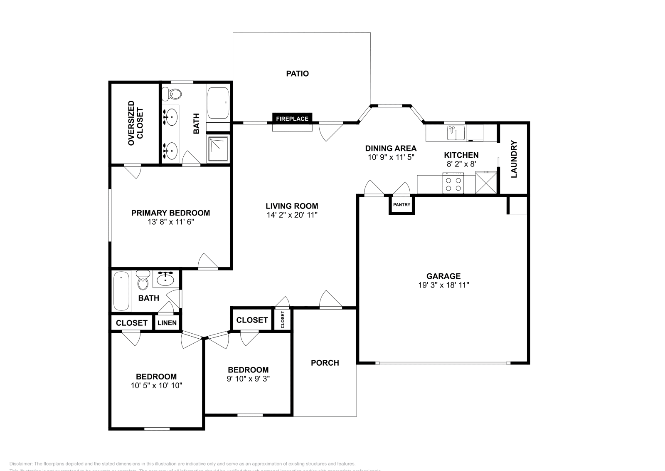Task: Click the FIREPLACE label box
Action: coord(292,119)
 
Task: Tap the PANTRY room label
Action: coord(401,205)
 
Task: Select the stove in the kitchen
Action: coord(453,184)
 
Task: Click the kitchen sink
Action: coord(456,133)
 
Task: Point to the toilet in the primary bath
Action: coord(172,94)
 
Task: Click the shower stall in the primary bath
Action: coord(218,149)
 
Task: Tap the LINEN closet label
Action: coord(167,323)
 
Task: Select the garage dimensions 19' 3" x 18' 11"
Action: coord(443,285)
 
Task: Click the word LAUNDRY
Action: coord(514,159)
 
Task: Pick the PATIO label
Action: coord(297,74)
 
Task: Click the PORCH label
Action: coord(325,363)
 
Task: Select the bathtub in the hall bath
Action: coord(121,291)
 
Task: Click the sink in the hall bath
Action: coord(166,279)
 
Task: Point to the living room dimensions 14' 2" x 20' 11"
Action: coord(292,215)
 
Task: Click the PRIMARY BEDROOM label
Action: coord(170,213)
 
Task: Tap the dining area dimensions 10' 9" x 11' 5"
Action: coord(391,157)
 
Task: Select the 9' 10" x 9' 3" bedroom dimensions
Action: coord(248,379)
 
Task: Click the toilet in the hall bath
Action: coord(143,281)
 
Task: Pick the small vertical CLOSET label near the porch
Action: coord(283,320)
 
